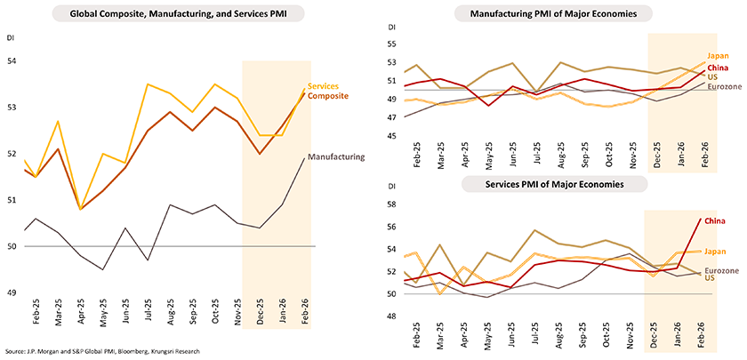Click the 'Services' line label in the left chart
tap(323, 86)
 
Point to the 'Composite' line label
tap(327, 95)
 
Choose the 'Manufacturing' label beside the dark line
tap(336, 156)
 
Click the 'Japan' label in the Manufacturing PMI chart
tap(719, 56)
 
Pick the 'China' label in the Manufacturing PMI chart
tap(718, 68)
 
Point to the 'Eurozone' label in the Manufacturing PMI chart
tap(724, 86)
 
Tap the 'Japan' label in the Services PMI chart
tap(717, 252)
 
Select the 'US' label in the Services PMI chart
tap(710, 278)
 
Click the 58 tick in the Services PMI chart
tap(394, 205)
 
